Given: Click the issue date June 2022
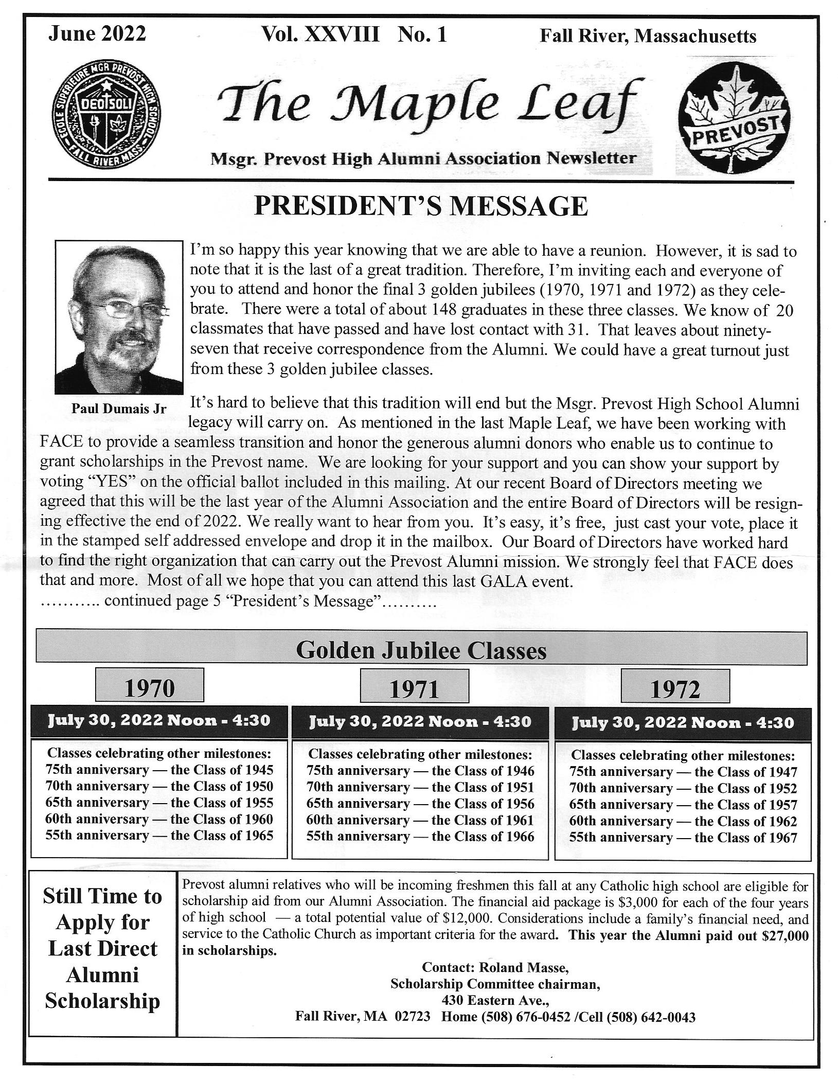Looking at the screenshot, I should tap(97, 34).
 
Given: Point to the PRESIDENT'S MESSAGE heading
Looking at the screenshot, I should tap(421, 206).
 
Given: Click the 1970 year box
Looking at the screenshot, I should tap(150, 687).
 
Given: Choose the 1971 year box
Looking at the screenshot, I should tap(414, 688).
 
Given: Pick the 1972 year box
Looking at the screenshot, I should tap(675, 688).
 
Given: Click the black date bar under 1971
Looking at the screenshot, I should tap(419, 721).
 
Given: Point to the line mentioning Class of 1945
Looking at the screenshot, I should tap(159, 770).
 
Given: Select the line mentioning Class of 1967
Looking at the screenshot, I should tap(683, 837).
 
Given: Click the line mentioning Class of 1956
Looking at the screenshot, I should tap(420, 803).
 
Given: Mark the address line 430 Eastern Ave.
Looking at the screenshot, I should tap(495, 1001).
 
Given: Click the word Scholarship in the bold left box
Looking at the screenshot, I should tap(102, 1001).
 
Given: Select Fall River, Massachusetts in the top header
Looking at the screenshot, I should tap(648, 36).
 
